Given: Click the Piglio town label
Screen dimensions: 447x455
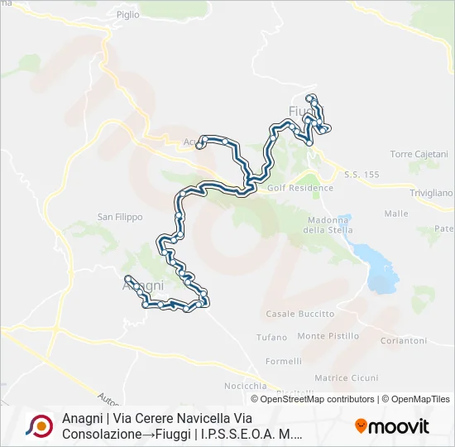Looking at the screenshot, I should tap(128, 15).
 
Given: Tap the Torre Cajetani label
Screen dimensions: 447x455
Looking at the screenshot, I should tap(419, 154).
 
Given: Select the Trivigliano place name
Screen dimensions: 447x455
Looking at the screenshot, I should tap(432, 193).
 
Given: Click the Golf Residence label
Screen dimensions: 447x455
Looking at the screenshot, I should tap(300, 188).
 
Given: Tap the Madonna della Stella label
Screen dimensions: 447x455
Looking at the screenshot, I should tap(325, 224).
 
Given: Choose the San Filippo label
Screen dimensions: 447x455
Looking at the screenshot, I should tap(120, 217).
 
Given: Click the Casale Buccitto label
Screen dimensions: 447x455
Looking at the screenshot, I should tap(299, 314).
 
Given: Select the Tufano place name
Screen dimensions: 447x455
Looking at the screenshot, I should tap(271, 337).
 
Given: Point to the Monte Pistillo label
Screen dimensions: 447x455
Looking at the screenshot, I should tap(328, 336).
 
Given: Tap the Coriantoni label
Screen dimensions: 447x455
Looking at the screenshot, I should tap(403, 340).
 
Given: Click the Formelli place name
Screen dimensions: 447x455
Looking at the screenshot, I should tap(284, 361).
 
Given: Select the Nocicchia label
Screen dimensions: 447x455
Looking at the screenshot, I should tap(245, 387).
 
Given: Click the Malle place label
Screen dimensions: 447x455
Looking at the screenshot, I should tap(396, 214).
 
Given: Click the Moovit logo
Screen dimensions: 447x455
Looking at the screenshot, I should tap(392, 426).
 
